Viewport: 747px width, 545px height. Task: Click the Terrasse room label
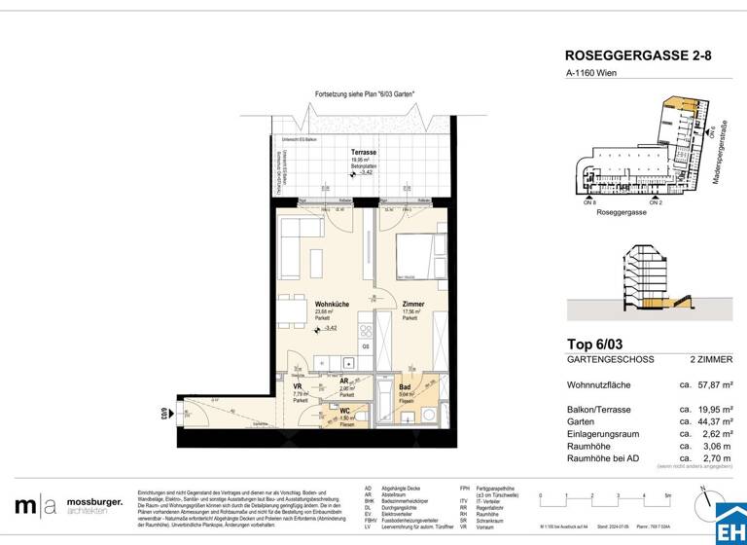[x=365, y=154]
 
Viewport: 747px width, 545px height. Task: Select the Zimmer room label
[x=412, y=305]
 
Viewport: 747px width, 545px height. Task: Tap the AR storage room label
[x=343, y=381]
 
